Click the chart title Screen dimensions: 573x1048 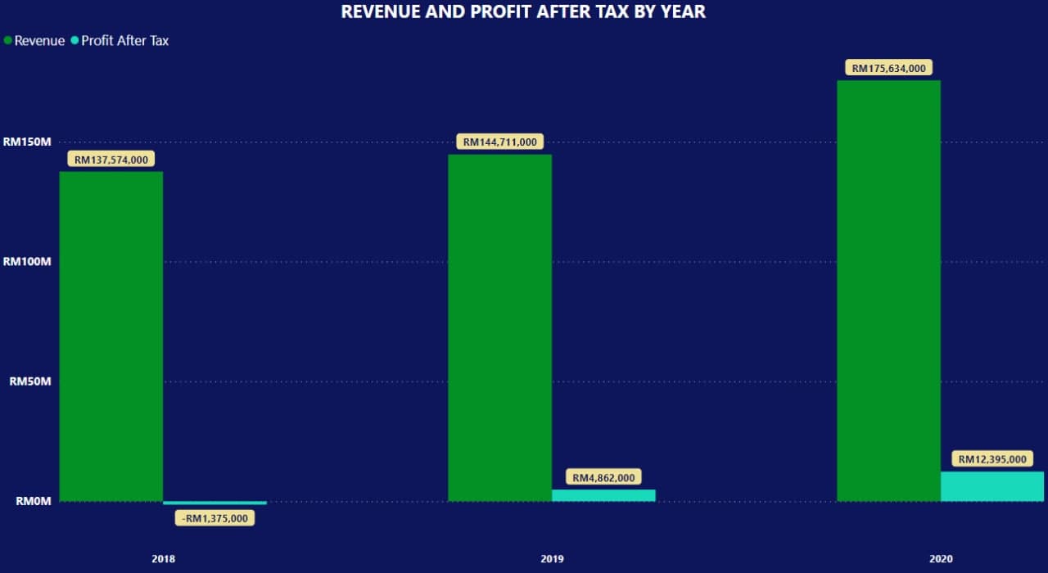pos(523,11)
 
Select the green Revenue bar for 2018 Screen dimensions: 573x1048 pos(111,336)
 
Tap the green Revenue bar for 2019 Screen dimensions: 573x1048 pos(499,327)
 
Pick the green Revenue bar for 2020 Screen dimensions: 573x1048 pos(888,291)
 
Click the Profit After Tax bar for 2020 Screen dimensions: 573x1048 pos(992,486)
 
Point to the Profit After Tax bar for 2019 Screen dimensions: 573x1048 pos(603,495)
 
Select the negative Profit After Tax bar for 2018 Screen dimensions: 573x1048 pos(215,503)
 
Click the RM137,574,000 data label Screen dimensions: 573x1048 pos(111,160)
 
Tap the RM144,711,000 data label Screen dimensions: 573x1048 pos(499,142)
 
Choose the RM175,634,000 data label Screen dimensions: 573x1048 pos(888,68)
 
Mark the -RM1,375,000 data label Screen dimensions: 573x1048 pos(215,518)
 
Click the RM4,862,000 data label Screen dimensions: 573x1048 pos(603,477)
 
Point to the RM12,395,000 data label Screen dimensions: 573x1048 pos(992,459)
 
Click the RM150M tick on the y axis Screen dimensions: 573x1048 pos(27,142)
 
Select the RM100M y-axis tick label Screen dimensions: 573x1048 pos(27,262)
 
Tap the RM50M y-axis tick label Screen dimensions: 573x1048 pos(30,381)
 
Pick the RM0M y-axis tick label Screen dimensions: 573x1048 pos(33,501)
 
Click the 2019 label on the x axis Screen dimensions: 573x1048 pos(552,559)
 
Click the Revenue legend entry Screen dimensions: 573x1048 pos(35,40)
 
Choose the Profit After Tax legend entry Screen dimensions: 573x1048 pos(120,40)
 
